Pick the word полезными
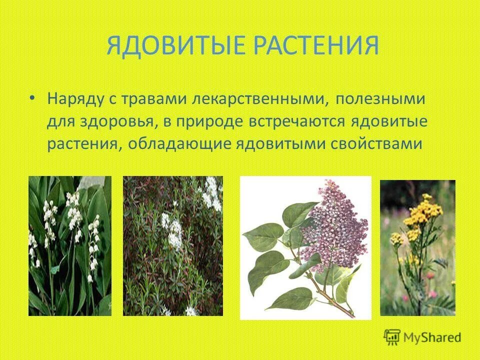[x=380, y=98]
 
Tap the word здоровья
[x=118, y=121]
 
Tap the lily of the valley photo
[x=69, y=245]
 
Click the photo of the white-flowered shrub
[x=173, y=245]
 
